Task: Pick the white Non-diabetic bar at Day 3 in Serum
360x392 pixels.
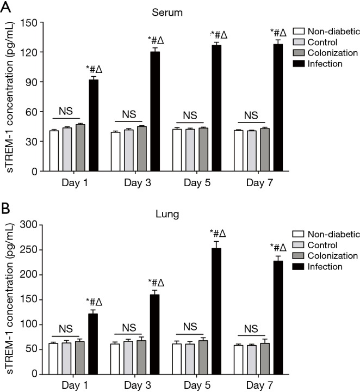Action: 115,151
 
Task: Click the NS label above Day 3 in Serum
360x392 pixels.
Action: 128,114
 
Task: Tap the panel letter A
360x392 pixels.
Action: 6,7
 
